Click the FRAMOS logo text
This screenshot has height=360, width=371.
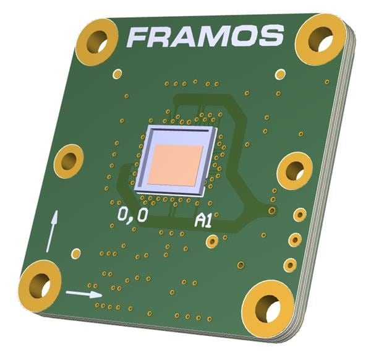click(x=205, y=37)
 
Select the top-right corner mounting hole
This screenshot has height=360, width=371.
click(x=320, y=39)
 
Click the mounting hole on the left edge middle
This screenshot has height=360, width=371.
click(x=69, y=161)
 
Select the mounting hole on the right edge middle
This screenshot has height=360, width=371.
click(x=294, y=170)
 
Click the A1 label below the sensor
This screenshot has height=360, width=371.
click(x=203, y=220)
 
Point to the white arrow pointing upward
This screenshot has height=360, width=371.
click(x=53, y=229)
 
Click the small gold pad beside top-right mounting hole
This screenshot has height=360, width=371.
click(x=281, y=75)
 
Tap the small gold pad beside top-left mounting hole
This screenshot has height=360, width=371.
click(x=117, y=74)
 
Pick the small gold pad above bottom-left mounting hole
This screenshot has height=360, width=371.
click(x=76, y=253)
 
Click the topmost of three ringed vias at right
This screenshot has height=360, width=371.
click(x=299, y=215)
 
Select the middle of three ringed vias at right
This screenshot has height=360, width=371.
click(x=295, y=239)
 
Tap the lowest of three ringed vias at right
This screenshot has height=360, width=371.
click(x=290, y=265)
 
